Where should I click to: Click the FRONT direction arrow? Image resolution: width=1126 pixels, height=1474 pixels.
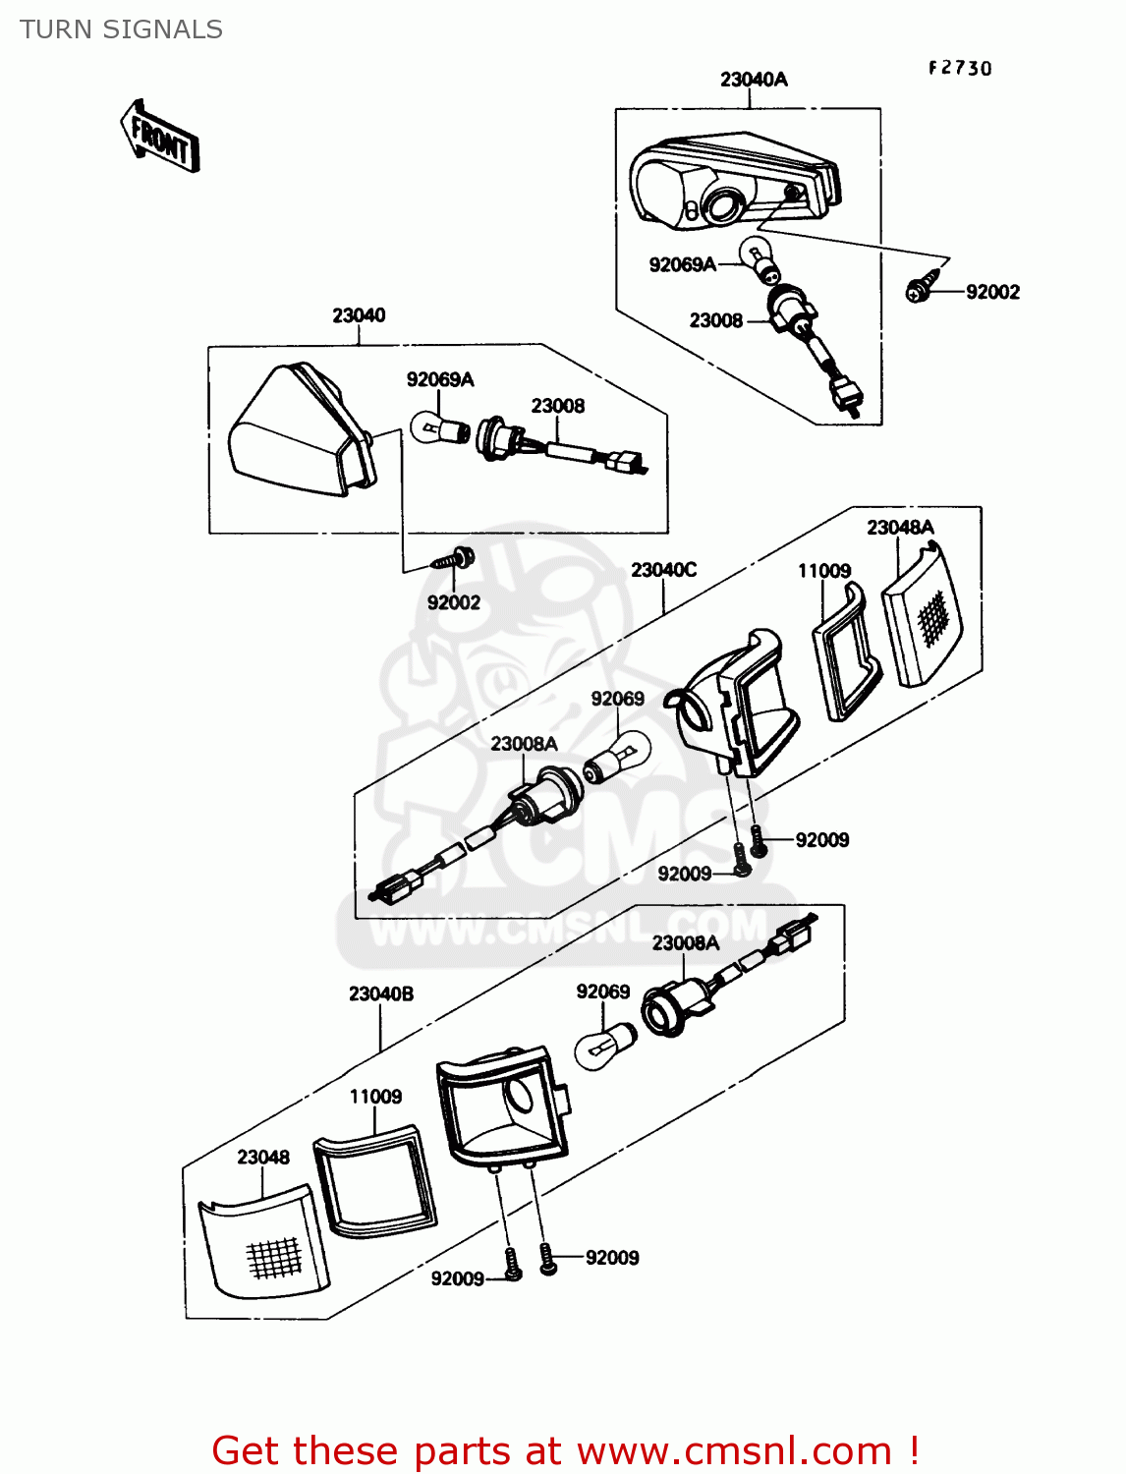[x=160, y=138]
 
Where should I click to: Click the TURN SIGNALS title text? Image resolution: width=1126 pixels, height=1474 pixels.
[x=121, y=29]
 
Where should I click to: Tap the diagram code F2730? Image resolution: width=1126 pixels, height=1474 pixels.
[x=960, y=68]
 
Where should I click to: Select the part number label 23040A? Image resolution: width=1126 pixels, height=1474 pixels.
[x=754, y=80]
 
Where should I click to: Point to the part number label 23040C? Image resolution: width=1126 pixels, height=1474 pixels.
[x=663, y=570]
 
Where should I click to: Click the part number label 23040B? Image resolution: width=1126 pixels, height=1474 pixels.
[x=381, y=993]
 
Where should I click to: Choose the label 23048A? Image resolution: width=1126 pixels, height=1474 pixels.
[x=900, y=528]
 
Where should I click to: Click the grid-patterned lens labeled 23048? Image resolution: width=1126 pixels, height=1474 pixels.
[x=264, y=1242]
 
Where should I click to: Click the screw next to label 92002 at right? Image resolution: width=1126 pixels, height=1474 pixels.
[x=922, y=290]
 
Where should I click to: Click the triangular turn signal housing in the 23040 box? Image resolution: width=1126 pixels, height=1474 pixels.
[x=295, y=432]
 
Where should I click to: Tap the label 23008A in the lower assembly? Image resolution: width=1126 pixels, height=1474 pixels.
[x=686, y=943]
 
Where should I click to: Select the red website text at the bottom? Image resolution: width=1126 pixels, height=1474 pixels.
[x=565, y=1450]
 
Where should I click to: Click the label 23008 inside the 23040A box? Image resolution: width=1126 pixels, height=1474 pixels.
[x=715, y=320]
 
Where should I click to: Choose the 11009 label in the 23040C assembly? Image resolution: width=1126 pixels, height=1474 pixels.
[x=823, y=571]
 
